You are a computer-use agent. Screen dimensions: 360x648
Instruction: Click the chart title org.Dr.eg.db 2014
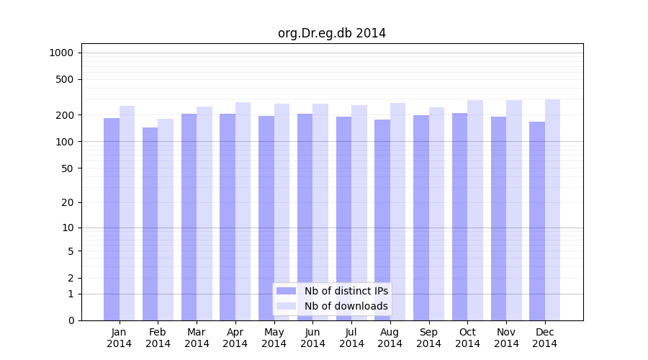pos(332,33)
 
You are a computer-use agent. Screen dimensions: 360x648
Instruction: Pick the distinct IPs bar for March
pos(189,217)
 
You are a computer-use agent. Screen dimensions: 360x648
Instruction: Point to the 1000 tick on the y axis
pos(61,53)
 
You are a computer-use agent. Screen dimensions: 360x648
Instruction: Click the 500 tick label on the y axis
pos(64,79)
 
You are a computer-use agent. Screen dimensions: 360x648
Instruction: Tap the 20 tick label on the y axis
pos(67,202)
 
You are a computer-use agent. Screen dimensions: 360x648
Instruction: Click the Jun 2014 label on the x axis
pos(312,338)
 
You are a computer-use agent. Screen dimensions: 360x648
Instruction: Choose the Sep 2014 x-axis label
pos(428,338)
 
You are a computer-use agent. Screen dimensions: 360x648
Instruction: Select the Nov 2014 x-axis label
pos(506,338)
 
